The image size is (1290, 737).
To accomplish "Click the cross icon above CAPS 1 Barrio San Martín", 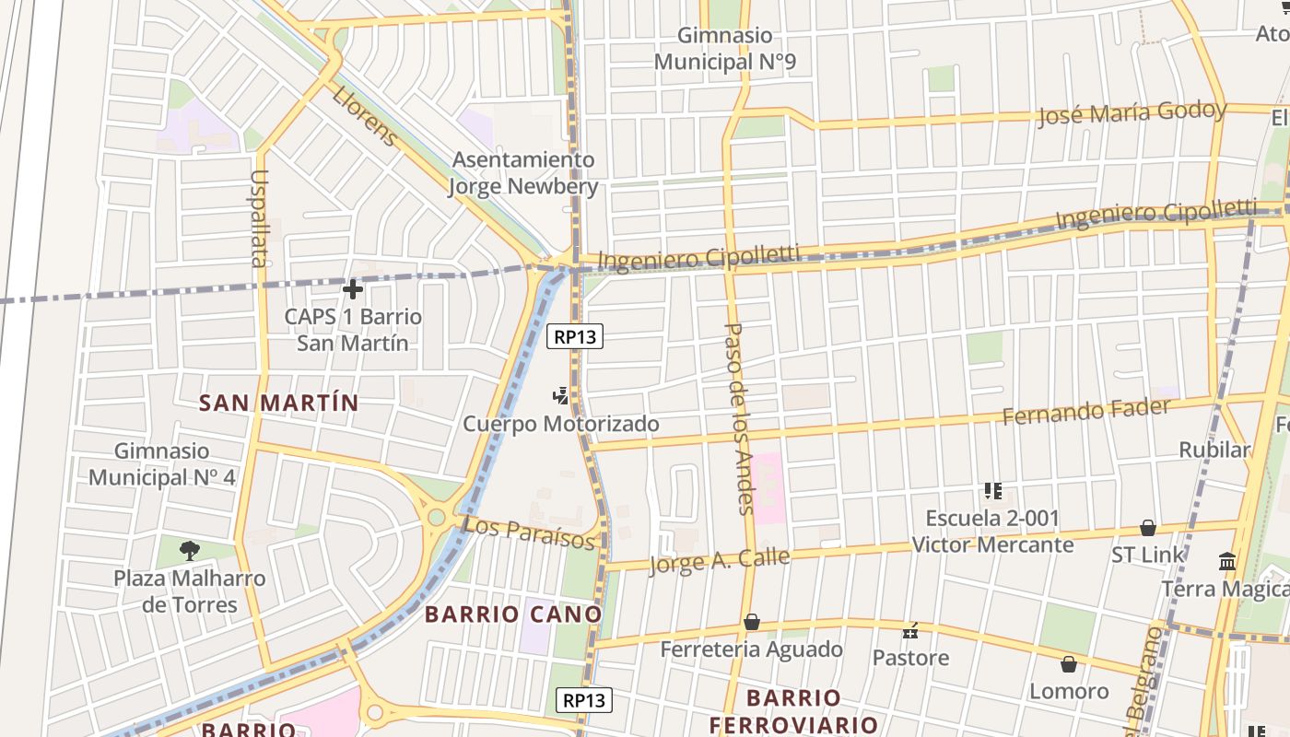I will (352, 289).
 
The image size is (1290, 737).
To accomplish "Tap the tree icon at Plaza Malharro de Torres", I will (190, 552).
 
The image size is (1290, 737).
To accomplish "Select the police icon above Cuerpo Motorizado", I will (559, 397).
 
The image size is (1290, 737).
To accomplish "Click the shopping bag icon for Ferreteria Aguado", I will (752, 623).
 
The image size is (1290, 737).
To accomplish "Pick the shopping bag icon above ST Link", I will (1148, 528).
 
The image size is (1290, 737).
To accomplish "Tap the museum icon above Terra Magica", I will (1227, 561).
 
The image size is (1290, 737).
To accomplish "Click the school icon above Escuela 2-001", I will (992, 491).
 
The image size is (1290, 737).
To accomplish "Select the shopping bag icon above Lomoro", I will (1069, 664).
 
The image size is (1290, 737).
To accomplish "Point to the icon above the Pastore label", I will (910, 631).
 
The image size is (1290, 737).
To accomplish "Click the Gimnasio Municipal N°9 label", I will (725, 49).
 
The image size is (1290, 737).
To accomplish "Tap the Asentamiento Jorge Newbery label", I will (523, 173).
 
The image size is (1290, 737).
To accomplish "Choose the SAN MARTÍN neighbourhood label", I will (279, 403).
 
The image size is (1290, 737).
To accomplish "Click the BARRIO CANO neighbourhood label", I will (513, 614).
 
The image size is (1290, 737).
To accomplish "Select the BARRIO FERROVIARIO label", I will (793, 710).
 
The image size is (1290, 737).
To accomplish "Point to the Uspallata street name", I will (258, 218).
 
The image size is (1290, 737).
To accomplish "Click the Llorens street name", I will (365, 116).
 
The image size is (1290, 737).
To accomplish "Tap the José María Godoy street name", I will (1132, 114).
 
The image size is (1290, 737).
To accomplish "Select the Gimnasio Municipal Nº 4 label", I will (162, 464).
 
